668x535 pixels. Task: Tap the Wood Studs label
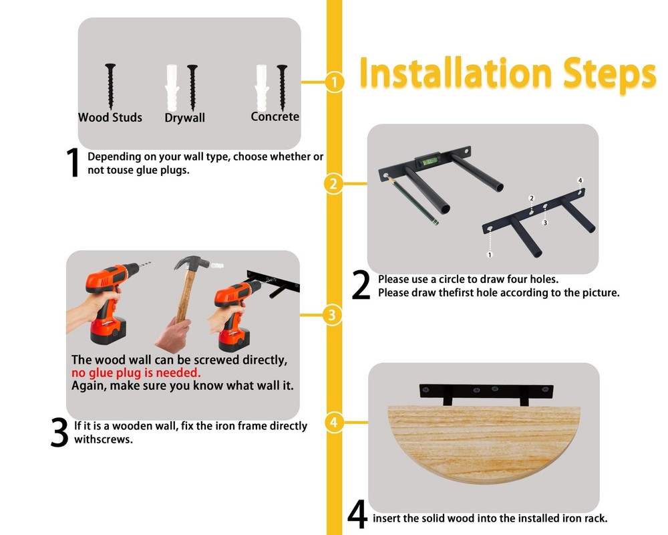tap(110, 117)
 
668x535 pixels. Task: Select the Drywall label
tap(185, 118)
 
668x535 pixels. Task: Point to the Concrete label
tap(275, 116)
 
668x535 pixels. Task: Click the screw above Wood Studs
tap(110, 86)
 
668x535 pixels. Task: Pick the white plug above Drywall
tap(172, 88)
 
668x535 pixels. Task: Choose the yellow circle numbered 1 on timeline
tap(335, 82)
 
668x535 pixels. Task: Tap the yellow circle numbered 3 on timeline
tap(333, 315)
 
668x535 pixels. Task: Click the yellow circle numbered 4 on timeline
tap(334, 423)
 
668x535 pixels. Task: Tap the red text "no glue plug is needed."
tap(136, 373)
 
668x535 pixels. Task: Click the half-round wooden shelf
tap(484, 443)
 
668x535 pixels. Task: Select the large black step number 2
tap(361, 286)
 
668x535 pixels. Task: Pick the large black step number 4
tap(357, 514)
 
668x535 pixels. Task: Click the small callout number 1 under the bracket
tap(490, 255)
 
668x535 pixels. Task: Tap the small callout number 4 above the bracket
tap(580, 181)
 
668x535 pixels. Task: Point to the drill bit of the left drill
tap(145, 265)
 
